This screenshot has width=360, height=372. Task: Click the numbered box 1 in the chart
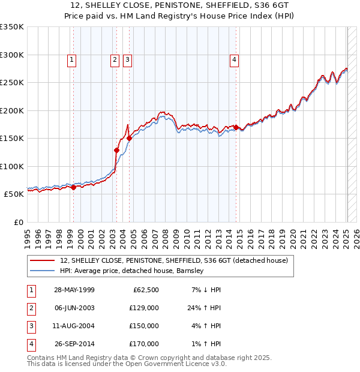(71, 59)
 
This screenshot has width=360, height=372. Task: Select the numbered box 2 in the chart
(114, 59)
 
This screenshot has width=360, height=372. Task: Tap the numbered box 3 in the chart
(128, 59)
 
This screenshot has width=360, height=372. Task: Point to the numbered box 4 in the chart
(234, 59)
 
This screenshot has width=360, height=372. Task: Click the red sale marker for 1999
(73, 187)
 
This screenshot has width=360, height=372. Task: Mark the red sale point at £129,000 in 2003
(116, 150)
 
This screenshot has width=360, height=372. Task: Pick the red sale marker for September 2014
(236, 127)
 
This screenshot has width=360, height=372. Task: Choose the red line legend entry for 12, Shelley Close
(174, 260)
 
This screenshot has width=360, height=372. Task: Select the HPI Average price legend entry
(132, 271)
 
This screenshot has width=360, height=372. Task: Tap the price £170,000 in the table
(144, 344)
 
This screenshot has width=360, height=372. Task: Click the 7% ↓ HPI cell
(206, 290)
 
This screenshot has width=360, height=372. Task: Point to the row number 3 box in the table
(31, 326)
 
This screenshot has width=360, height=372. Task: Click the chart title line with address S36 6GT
(180, 5)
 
